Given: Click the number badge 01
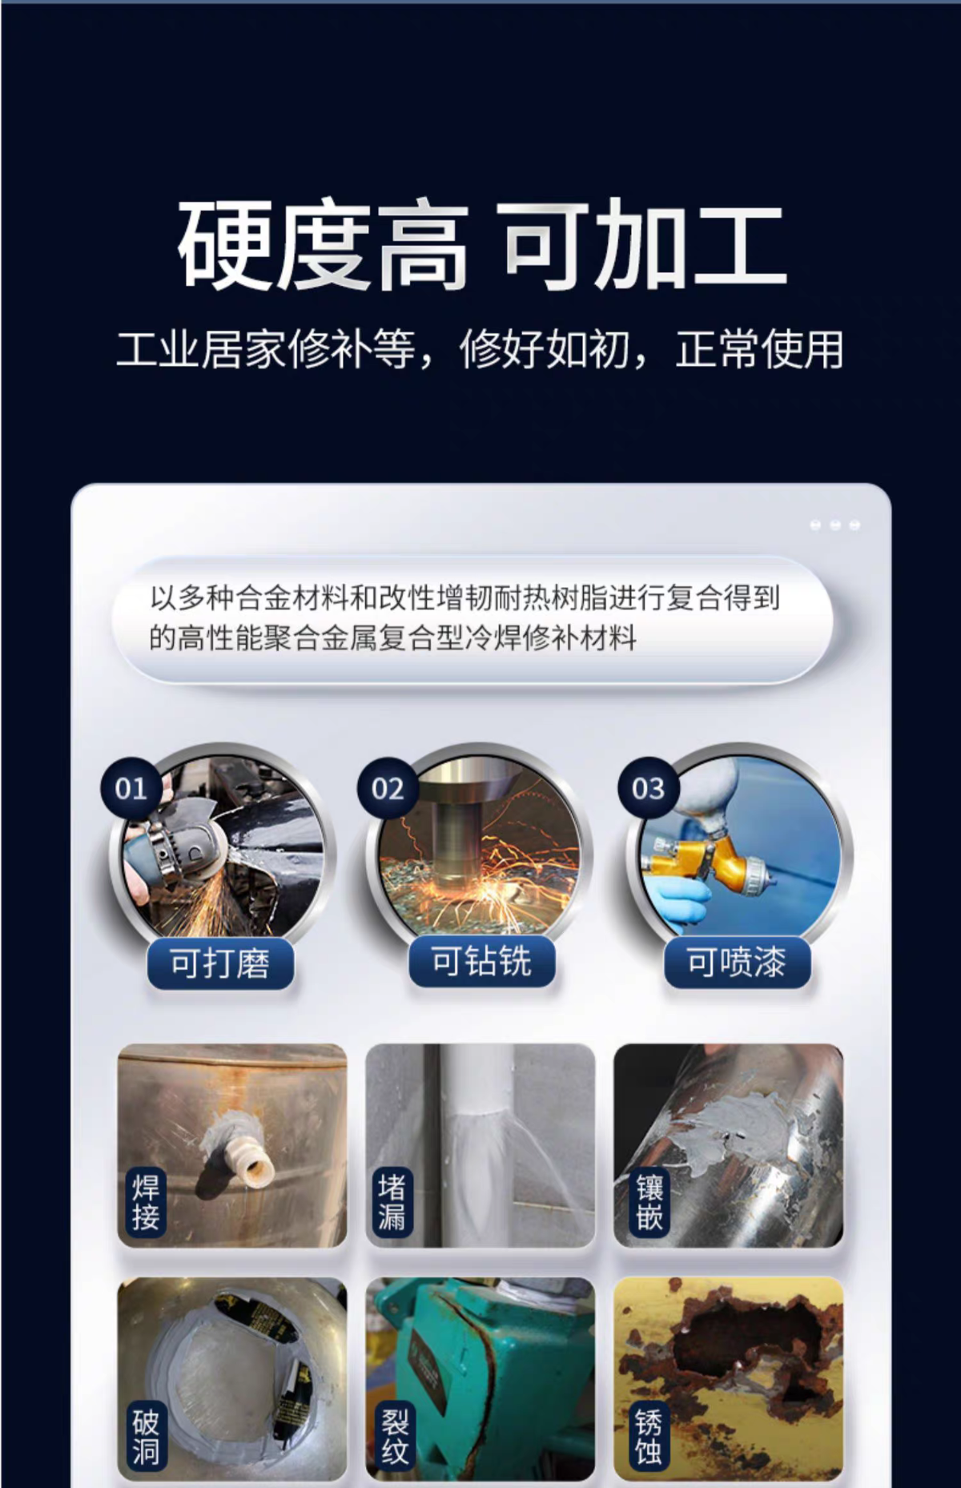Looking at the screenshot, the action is click(131, 789).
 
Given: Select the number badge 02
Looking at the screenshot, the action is click(388, 789).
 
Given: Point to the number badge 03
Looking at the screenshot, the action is click(648, 789).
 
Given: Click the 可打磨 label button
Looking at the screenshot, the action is click(220, 963).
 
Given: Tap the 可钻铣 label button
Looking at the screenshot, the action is click(481, 961).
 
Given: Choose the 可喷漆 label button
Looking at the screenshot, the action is click(737, 962).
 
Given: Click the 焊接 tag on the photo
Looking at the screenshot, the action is click(146, 1202).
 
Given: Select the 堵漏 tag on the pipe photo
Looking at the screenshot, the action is click(392, 1202).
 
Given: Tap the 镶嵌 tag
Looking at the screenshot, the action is click(649, 1202).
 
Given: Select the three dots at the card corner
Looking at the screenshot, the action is click(835, 525).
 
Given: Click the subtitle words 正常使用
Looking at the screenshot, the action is click(760, 350).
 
